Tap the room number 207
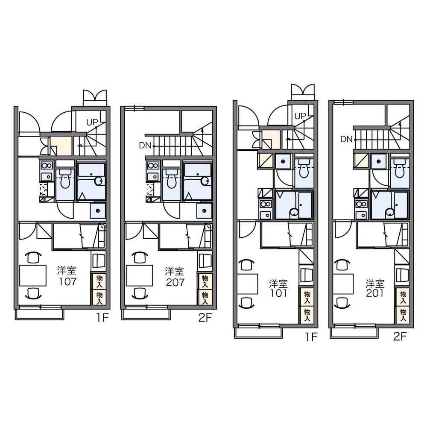click(175, 282)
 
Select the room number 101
click(278, 293)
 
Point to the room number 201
click(375, 293)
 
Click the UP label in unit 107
click(92, 123)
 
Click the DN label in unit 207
click(145, 146)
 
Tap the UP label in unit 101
click(300, 116)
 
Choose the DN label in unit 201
click(346, 140)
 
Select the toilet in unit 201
click(400, 169)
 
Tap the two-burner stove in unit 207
click(153, 165)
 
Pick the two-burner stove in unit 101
click(265, 204)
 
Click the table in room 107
click(33, 275)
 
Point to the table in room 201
click(343, 284)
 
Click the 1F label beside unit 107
click(102, 318)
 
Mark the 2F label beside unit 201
click(400, 337)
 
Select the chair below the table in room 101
click(246, 302)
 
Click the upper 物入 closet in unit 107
click(99, 281)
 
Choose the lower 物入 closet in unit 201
click(403, 315)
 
